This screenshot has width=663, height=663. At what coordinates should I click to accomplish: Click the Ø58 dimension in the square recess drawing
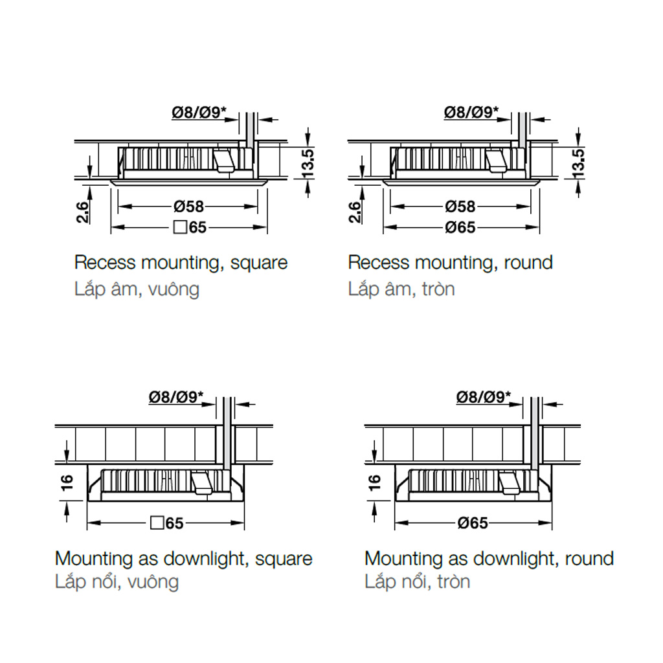pyautogui.click(x=188, y=207)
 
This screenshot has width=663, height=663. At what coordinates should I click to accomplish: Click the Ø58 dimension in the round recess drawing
pyautogui.click(x=460, y=207)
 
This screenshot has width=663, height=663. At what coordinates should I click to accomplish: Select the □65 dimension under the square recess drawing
pyautogui.click(x=190, y=227)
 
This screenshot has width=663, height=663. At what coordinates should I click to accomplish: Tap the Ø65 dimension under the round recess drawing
pyautogui.click(x=460, y=227)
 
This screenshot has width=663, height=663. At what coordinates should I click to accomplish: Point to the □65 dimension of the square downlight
pyautogui.click(x=167, y=523)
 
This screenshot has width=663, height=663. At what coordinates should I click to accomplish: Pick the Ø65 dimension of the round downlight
pyautogui.click(x=473, y=523)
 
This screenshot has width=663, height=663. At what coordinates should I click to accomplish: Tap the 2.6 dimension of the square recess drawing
pyautogui.click(x=83, y=212)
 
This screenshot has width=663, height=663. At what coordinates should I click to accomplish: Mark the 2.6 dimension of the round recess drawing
pyautogui.click(x=355, y=212)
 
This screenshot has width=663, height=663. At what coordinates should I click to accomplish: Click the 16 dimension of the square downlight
pyautogui.click(x=67, y=482)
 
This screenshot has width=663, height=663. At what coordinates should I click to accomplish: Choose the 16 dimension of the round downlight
pyautogui.click(x=375, y=482)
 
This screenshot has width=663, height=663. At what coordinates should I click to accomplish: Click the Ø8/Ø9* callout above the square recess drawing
pyautogui.click(x=199, y=112)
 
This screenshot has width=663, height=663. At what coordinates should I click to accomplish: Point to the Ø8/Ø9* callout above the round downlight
pyautogui.click(x=484, y=397)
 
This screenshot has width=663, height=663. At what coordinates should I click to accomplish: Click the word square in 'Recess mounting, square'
pyautogui.click(x=259, y=263)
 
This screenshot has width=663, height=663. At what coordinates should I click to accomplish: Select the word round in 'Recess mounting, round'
pyautogui.click(x=528, y=263)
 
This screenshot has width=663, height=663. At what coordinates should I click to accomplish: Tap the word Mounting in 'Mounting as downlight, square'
pyautogui.click(x=95, y=559)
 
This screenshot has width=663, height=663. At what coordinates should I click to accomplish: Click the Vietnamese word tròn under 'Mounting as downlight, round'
pyautogui.click(x=454, y=581)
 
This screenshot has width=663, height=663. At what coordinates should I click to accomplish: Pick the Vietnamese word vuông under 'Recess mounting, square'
pyautogui.click(x=174, y=289)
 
